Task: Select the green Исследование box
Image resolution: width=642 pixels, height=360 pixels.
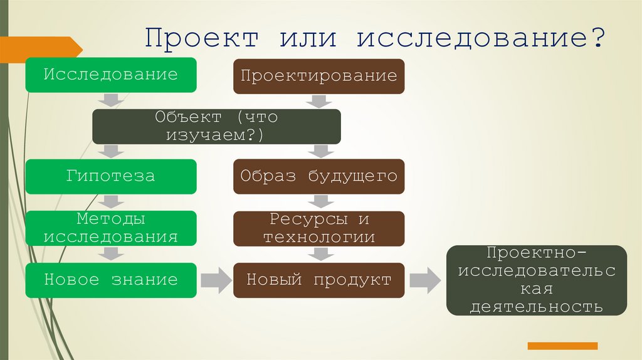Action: (111, 75)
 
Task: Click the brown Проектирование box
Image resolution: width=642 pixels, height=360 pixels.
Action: (319, 77)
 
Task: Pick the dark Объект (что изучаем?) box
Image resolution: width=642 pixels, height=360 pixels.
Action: (216, 127)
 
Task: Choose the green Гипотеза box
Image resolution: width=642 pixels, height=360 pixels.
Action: (111, 176)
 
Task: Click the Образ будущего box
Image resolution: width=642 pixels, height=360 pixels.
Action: (319, 176)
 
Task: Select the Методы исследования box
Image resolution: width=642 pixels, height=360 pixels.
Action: (111, 228)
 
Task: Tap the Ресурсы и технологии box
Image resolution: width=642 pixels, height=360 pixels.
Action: (319, 229)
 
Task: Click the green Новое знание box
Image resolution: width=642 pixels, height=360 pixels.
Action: (111, 280)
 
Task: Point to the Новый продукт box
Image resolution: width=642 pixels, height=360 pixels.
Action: (319, 280)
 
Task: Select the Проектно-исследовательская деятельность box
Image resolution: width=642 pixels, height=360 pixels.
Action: (536, 280)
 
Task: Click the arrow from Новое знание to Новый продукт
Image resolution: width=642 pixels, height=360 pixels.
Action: (216, 280)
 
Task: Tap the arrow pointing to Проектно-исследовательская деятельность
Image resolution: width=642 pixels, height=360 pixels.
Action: (425, 280)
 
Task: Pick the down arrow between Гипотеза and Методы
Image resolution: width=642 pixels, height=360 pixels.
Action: (111, 202)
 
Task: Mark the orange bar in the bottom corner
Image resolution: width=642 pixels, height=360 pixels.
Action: (562, 346)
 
